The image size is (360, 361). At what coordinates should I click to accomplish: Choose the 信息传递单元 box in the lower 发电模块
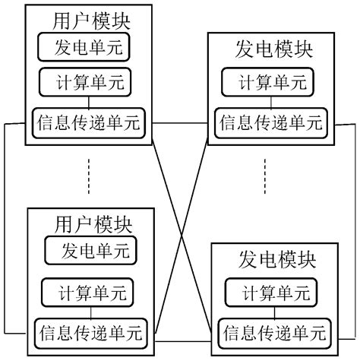[274, 332]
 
